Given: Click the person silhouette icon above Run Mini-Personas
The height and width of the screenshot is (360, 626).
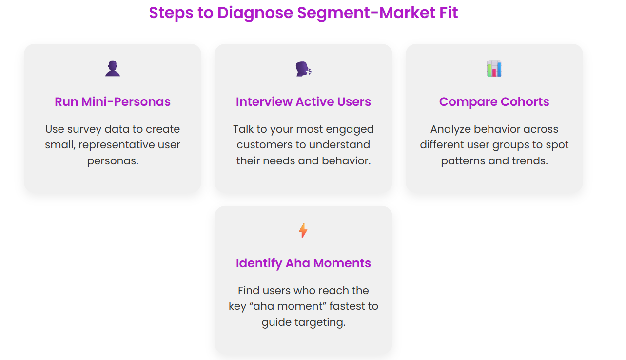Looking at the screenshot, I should [113, 69].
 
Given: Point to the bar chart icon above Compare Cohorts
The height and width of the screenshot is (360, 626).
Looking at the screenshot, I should [494, 69].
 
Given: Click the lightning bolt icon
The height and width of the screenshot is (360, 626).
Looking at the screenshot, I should [303, 230].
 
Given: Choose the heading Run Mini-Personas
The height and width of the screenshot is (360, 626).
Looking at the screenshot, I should [113, 101].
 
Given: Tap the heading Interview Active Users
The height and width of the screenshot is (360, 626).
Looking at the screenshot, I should [303, 101].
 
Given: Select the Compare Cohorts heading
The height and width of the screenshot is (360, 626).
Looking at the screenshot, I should [494, 101].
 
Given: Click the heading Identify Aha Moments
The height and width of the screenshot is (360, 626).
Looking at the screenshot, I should [303, 263].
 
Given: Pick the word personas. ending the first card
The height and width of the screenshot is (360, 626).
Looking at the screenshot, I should [113, 160].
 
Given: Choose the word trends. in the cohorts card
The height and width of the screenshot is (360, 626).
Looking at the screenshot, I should [530, 160].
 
